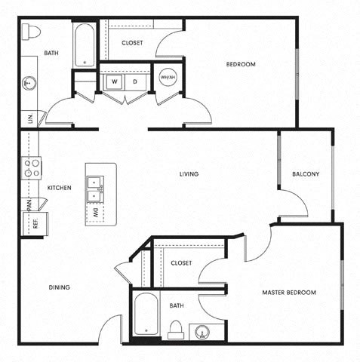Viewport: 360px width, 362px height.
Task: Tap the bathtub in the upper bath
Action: pyautogui.click(x=84, y=44)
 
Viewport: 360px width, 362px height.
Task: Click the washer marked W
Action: pyautogui.click(x=115, y=81)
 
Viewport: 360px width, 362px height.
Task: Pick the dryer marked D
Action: pyautogui.click(x=134, y=81)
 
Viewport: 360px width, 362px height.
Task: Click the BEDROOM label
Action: pyautogui.click(x=241, y=65)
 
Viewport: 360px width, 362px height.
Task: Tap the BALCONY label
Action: pyautogui.click(x=306, y=174)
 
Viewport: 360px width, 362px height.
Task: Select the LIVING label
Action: pyautogui.click(x=189, y=174)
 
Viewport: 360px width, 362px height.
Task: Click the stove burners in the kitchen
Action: pyautogui.click(x=32, y=167)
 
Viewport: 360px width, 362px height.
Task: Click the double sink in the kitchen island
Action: pyautogui.click(x=95, y=189)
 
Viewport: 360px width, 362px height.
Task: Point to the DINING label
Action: pyautogui.click(x=60, y=287)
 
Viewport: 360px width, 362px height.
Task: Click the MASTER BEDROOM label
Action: pyautogui.click(x=289, y=292)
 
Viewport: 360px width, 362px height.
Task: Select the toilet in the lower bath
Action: pyautogui.click(x=175, y=329)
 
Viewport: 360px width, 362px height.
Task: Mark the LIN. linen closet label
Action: pyautogui.click(x=30, y=118)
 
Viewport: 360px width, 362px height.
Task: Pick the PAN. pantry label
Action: pyautogui.click(x=29, y=204)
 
